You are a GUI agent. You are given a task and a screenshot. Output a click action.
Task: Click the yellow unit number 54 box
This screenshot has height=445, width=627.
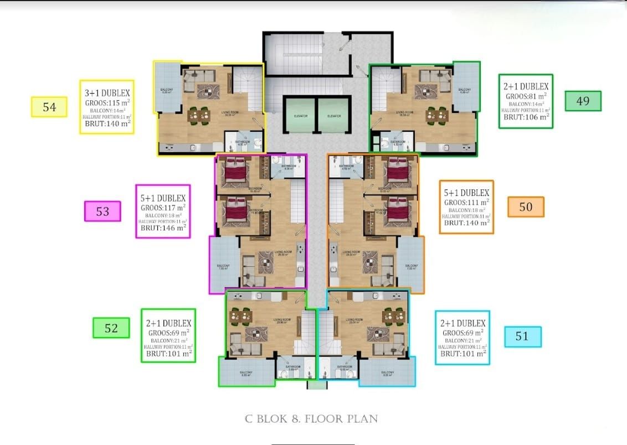[x=49, y=107]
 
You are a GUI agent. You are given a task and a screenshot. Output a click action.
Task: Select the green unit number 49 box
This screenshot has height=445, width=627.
[x=583, y=101]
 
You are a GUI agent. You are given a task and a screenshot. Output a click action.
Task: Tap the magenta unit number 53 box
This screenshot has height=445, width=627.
[x=102, y=211]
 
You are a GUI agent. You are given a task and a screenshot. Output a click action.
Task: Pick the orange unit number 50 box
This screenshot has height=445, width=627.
[x=526, y=206]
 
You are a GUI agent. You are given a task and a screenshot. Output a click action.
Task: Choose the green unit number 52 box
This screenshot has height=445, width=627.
[x=111, y=328]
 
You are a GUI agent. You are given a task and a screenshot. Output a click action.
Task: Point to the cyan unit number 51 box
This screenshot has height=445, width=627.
[x=522, y=336]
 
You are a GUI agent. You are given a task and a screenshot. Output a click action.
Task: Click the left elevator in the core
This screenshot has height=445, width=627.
[x=299, y=115]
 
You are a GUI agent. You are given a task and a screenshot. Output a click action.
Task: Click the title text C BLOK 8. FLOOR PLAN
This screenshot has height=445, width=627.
[x=311, y=418]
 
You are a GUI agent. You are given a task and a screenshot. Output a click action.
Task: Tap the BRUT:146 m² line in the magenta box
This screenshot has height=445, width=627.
[x=163, y=227]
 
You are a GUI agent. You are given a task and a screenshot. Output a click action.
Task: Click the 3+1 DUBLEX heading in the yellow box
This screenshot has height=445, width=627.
[x=107, y=93]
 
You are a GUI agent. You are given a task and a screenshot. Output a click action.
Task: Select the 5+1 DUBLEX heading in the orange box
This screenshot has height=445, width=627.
[x=466, y=193]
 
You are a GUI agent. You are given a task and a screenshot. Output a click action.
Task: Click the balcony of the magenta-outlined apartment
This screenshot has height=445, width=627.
[x=223, y=265]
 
